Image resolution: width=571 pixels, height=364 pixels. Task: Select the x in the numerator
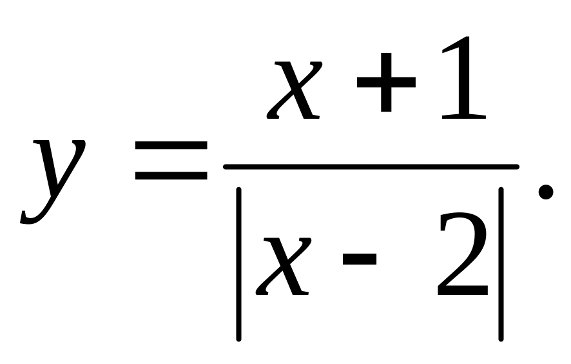[x=295, y=90]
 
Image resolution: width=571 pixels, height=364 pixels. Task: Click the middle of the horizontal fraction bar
[x=371, y=167]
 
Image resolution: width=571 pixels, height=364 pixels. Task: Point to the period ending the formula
[x=545, y=192]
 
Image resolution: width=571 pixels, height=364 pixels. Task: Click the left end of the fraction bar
[x=226, y=167]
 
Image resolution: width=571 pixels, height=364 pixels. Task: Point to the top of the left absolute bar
[x=238, y=190]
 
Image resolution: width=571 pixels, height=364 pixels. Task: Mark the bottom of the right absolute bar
[x=500, y=336]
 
